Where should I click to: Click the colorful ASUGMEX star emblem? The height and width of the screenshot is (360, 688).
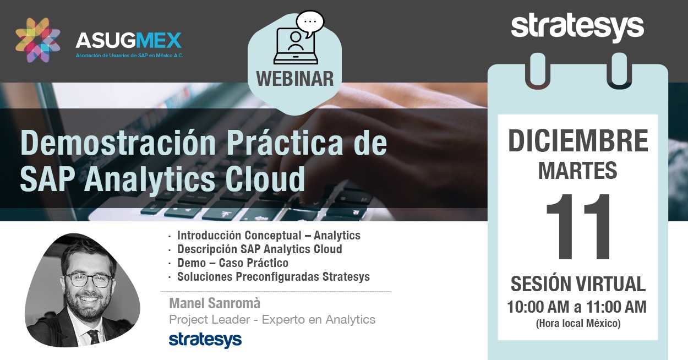38,40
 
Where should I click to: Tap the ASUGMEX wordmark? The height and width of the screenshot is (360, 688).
128,41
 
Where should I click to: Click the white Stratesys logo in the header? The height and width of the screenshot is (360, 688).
577,28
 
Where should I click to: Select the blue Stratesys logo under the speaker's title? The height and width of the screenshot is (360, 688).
205,340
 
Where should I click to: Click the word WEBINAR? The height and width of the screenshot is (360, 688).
295,79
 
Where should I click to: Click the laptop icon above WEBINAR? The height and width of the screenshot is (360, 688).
296,46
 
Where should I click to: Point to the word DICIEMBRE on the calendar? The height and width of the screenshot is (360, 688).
578,141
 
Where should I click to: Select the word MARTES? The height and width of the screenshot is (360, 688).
578,171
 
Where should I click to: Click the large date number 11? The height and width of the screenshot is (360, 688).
578,227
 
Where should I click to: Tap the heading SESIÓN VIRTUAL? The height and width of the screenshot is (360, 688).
578,284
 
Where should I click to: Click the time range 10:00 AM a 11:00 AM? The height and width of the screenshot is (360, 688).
577,307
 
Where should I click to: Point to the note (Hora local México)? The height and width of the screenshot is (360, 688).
578,324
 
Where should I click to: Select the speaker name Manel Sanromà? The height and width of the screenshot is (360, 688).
215,303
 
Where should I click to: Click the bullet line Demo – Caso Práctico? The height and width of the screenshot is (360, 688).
233,263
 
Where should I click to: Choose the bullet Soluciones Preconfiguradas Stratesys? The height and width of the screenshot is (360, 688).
274,277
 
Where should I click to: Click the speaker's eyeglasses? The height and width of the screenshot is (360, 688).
88,280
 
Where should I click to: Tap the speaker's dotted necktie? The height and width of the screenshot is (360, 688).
94,336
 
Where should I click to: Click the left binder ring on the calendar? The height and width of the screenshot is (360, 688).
537,71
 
